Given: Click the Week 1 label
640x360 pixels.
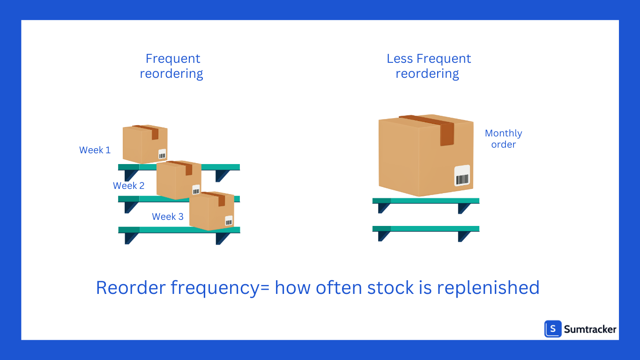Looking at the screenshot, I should pyautogui.click(x=95, y=150).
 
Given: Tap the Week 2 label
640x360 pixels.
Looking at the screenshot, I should pyautogui.click(x=128, y=186).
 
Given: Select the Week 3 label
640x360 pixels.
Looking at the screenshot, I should pyautogui.click(x=167, y=217).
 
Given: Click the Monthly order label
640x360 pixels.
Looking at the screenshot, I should pyautogui.click(x=503, y=139).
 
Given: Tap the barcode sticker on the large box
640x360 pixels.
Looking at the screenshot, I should pyautogui.click(x=462, y=175).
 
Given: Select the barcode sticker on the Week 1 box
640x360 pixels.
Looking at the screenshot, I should pyautogui.click(x=162, y=154).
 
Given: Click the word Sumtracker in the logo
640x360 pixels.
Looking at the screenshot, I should pyautogui.click(x=590, y=329).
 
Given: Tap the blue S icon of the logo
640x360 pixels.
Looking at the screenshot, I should pyautogui.click(x=553, y=329).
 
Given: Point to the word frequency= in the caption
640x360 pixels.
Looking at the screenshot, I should pyautogui.click(x=220, y=287).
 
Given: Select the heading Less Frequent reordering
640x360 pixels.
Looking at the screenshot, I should pyautogui.click(x=428, y=66).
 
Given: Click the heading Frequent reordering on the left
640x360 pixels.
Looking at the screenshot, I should pyautogui.click(x=172, y=66).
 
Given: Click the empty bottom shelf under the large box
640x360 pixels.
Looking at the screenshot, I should pyautogui.click(x=425, y=229).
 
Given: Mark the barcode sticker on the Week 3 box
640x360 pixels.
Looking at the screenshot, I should pyautogui.click(x=229, y=220).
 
